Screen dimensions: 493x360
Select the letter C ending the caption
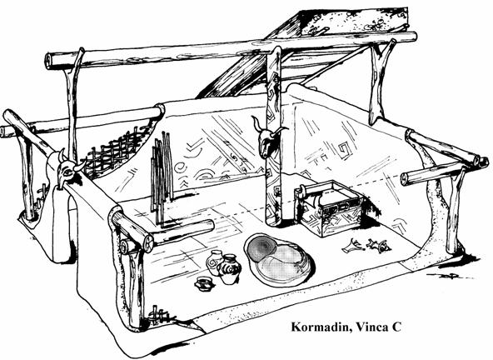coord(396,327)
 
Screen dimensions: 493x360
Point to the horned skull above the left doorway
coord(68,169)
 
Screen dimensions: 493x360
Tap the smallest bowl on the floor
coord(204,282)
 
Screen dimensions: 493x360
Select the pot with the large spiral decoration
coord(230,269)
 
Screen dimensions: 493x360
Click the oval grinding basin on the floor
coord(279,259)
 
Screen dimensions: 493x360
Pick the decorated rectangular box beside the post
coord(330,208)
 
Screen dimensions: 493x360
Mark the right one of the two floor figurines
coord(378,246)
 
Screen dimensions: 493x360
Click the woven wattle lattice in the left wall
coord(117,152)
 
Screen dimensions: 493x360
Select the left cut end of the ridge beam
coord(48,62)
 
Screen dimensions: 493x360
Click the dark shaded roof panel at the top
coord(354,21)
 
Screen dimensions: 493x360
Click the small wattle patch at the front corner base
coord(157,315)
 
